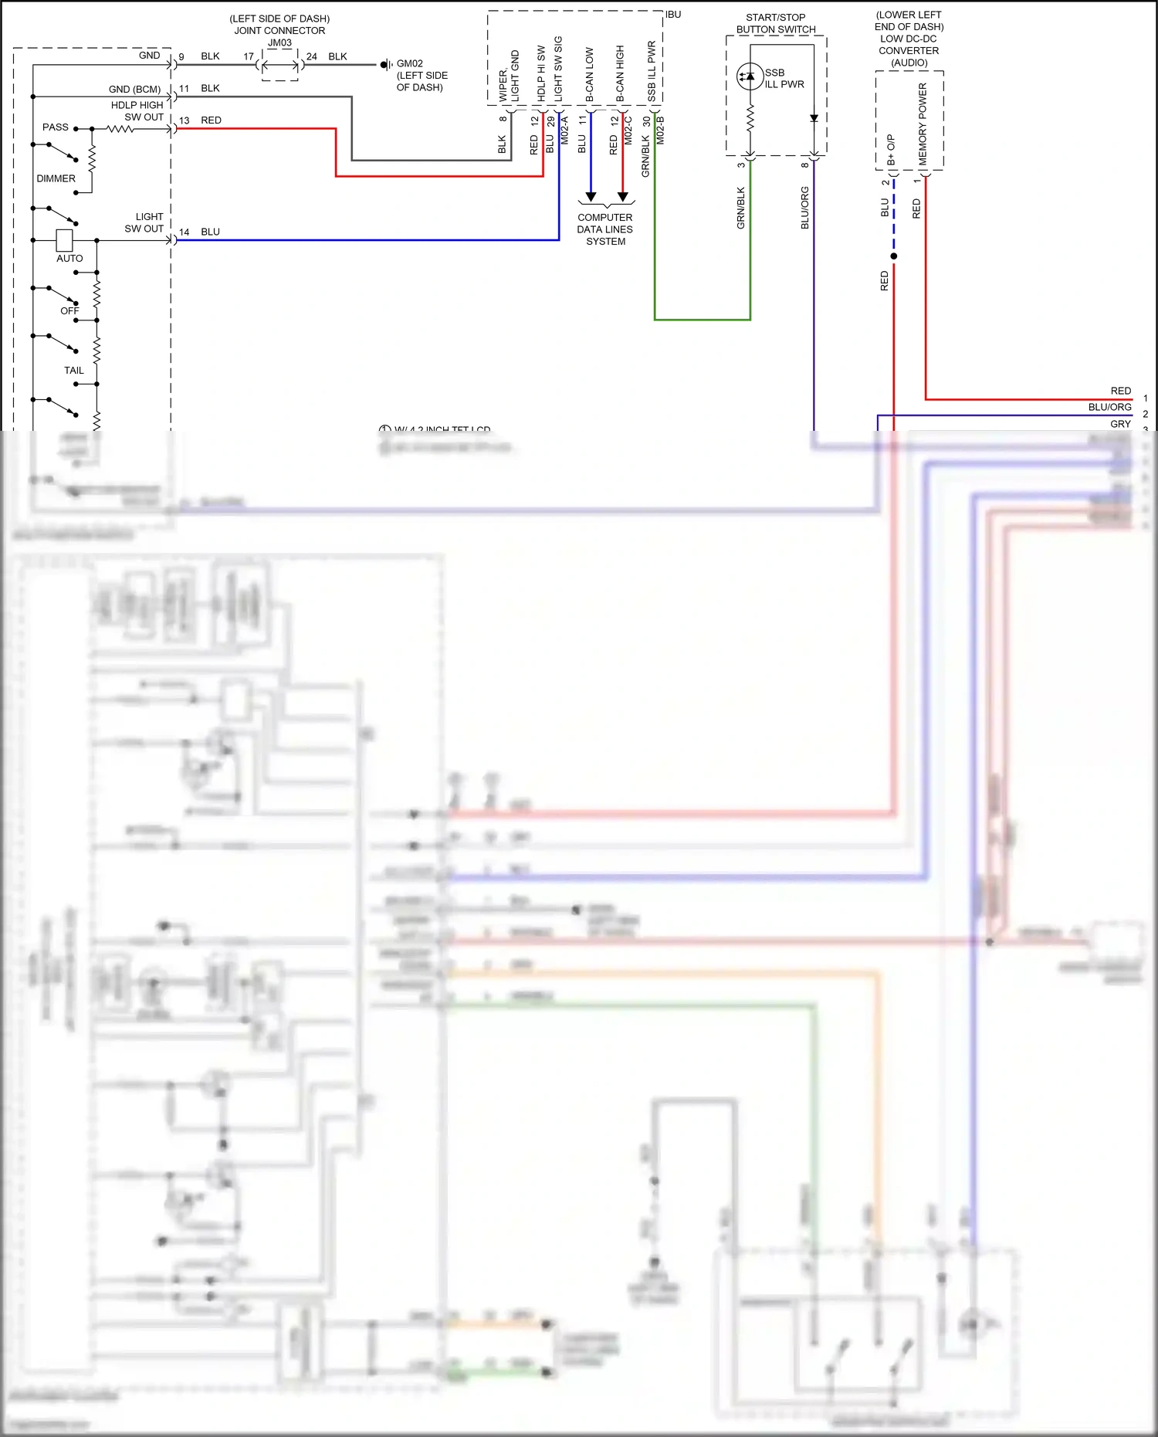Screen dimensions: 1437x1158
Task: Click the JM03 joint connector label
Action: point(279,43)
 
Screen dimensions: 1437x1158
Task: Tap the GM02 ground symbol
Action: point(385,65)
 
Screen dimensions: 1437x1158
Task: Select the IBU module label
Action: point(673,15)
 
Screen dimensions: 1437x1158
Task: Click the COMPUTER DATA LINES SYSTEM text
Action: point(605,229)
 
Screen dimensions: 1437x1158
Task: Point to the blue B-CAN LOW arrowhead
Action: point(591,197)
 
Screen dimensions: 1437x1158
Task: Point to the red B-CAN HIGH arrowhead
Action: point(622,197)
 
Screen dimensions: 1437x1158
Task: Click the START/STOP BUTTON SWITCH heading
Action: point(776,23)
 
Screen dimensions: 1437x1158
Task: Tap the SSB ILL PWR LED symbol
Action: point(749,76)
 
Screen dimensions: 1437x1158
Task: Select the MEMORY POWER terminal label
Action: point(923,124)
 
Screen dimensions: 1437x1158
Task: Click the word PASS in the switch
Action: point(56,127)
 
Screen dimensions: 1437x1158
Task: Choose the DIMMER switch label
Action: point(56,178)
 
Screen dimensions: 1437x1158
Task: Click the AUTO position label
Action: point(69,259)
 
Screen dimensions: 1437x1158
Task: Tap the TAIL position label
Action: point(74,371)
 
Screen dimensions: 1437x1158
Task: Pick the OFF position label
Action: point(69,311)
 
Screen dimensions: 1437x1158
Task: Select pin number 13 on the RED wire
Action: point(184,120)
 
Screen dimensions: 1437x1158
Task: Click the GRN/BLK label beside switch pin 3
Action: point(740,208)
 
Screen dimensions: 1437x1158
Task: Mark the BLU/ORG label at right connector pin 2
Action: point(1109,407)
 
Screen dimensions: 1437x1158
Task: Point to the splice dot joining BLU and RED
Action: point(894,256)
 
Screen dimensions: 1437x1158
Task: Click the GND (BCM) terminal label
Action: point(134,90)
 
